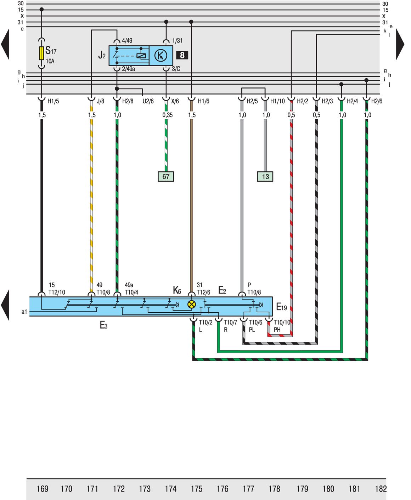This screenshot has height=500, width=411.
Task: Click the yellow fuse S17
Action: pyautogui.click(x=41, y=53)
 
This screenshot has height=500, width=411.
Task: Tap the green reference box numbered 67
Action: pyautogui.click(x=166, y=176)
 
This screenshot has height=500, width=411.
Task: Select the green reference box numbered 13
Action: pyautogui.click(x=265, y=176)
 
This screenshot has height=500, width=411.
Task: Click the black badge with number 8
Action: pyautogui.click(x=182, y=55)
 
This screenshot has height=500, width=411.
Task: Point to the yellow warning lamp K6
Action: pyautogui.click(x=191, y=305)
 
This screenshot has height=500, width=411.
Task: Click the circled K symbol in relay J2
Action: pyautogui.click(x=161, y=56)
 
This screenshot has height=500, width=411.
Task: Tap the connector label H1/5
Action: pyautogui.click(x=53, y=101)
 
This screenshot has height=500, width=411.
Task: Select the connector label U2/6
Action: pyautogui.click(x=148, y=101)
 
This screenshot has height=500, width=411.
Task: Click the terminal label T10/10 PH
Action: pyautogui.click(x=282, y=326)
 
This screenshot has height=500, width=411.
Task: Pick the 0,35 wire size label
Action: pyautogui.click(x=168, y=115)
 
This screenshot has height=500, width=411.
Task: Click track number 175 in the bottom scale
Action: pyautogui.click(x=197, y=489)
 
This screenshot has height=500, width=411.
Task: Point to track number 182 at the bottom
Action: pyautogui.click(x=381, y=489)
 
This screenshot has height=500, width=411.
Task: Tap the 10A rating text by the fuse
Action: pyautogui.click(x=50, y=61)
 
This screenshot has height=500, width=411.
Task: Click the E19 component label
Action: pyautogui.click(x=282, y=307)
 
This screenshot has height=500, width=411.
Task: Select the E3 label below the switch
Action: pyautogui.click(x=104, y=325)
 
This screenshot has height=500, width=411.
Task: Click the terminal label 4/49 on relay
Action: pyautogui.click(x=127, y=40)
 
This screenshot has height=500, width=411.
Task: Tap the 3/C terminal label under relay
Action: pyautogui.click(x=176, y=69)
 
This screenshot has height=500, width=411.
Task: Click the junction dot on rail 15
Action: pyautogui.click(x=41, y=10)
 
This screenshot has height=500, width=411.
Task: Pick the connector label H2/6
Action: pyautogui.click(x=377, y=101)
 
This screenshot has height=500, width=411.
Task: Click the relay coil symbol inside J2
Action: pyautogui.click(x=141, y=56)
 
